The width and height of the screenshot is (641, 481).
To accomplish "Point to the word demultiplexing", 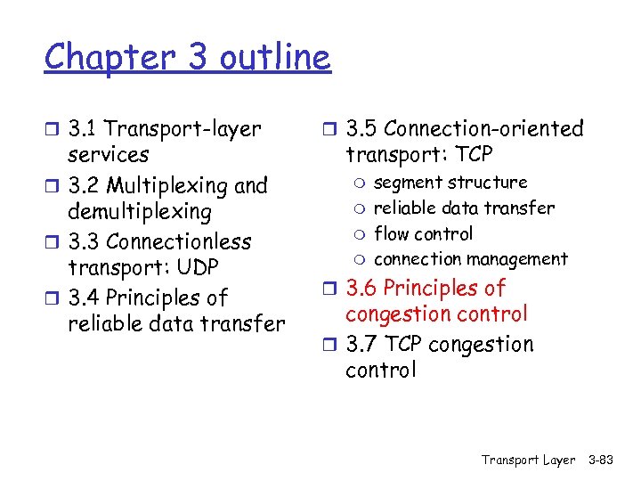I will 140,212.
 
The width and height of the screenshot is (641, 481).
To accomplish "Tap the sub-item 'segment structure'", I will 450,183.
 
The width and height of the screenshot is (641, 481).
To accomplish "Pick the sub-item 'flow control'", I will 424,233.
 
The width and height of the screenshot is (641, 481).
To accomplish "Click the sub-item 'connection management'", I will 470,259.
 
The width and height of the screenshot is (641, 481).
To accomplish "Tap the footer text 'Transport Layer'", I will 528,460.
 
